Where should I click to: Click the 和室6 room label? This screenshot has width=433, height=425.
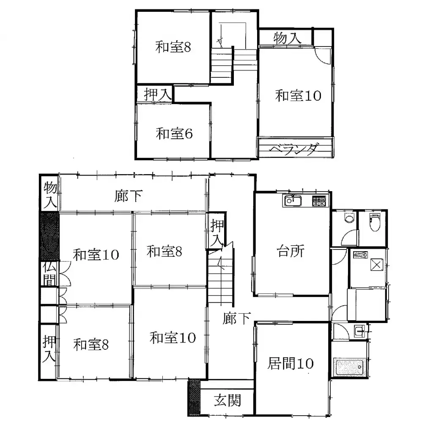[174, 134]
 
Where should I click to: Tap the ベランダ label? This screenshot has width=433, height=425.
[294, 149]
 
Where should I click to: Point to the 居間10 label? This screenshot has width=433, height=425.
[290, 364]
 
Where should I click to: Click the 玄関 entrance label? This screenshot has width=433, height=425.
[227, 400]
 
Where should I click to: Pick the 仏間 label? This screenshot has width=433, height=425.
[49, 274]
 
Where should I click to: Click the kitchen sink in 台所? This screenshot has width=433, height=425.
[292, 201]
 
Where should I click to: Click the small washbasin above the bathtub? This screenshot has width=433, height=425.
[359, 331]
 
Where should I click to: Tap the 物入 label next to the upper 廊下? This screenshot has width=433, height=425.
[50, 194]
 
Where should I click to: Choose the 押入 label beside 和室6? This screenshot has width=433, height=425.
[155, 94]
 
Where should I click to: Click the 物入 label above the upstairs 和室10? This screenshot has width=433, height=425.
[287, 38]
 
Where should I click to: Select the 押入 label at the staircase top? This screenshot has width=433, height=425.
[216, 233]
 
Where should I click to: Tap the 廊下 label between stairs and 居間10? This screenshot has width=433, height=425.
[237, 318]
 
